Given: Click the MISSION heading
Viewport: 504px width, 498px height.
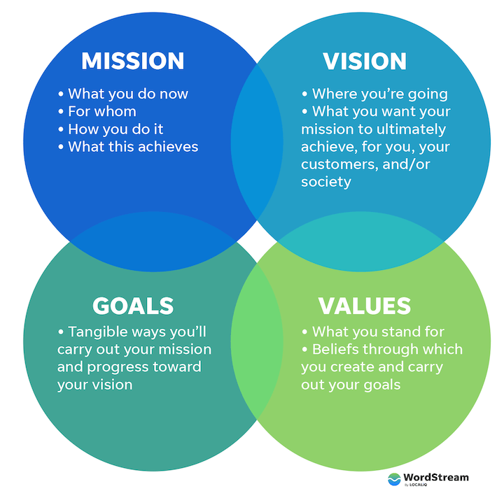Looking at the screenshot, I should point(132,61).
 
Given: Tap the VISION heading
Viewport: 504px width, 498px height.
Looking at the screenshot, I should point(364,61).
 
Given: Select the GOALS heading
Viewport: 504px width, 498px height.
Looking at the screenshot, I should point(133,306).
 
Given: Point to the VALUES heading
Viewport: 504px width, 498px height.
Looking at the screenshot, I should point(364,306).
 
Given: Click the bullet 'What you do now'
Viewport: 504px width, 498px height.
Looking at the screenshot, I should point(123,94).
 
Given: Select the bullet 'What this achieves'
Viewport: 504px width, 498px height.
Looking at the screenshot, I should point(128,146).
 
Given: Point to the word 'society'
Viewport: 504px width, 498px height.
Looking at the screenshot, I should point(326,182).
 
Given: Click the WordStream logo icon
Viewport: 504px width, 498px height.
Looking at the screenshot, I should point(395,479).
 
